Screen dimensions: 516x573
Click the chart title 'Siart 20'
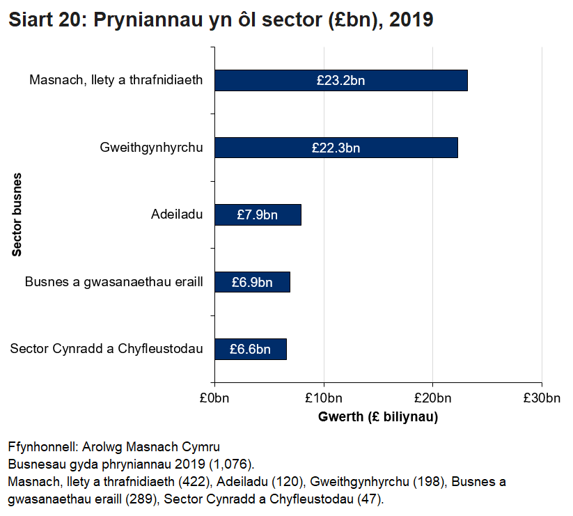(x=220, y=20)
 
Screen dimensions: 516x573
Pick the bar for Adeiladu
(x=289, y=215)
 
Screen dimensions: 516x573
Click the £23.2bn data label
(x=340, y=81)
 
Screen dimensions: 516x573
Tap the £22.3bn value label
(x=336, y=148)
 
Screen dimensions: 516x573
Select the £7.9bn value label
(x=257, y=215)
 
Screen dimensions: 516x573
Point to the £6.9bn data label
(x=251, y=282)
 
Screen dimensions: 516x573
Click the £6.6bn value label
(x=250, y=349)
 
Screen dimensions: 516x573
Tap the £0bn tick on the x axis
(x=214, y=398)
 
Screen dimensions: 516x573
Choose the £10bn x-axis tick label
(x=324, y=398)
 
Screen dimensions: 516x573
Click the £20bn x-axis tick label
(x=433, y=398)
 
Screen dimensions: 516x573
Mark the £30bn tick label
(x=542, y=398)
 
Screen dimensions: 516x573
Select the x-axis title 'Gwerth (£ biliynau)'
(x=378, y=417)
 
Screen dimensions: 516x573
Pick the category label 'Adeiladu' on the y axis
(x=177, y=214)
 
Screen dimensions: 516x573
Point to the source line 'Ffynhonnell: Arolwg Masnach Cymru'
(x=113, y=446)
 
